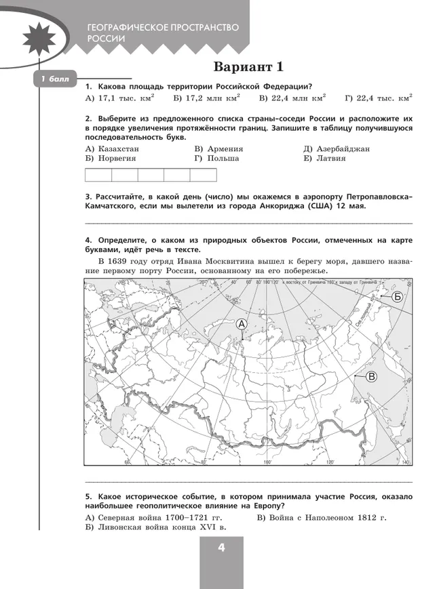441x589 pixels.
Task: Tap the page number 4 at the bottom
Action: (x=221, y=548)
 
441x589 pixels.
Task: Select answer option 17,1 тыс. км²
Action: (x=119, y=99)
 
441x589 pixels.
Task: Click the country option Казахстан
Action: (x=113, y=148)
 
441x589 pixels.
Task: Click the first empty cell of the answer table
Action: (x=98, y=175)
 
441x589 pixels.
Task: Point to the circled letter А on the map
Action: (x=242, y=325)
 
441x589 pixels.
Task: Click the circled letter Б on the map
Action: (x=398, y=297)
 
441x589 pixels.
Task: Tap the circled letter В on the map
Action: (x=372, y=376)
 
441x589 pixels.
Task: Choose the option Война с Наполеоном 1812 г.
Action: (x=322, y=518)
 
